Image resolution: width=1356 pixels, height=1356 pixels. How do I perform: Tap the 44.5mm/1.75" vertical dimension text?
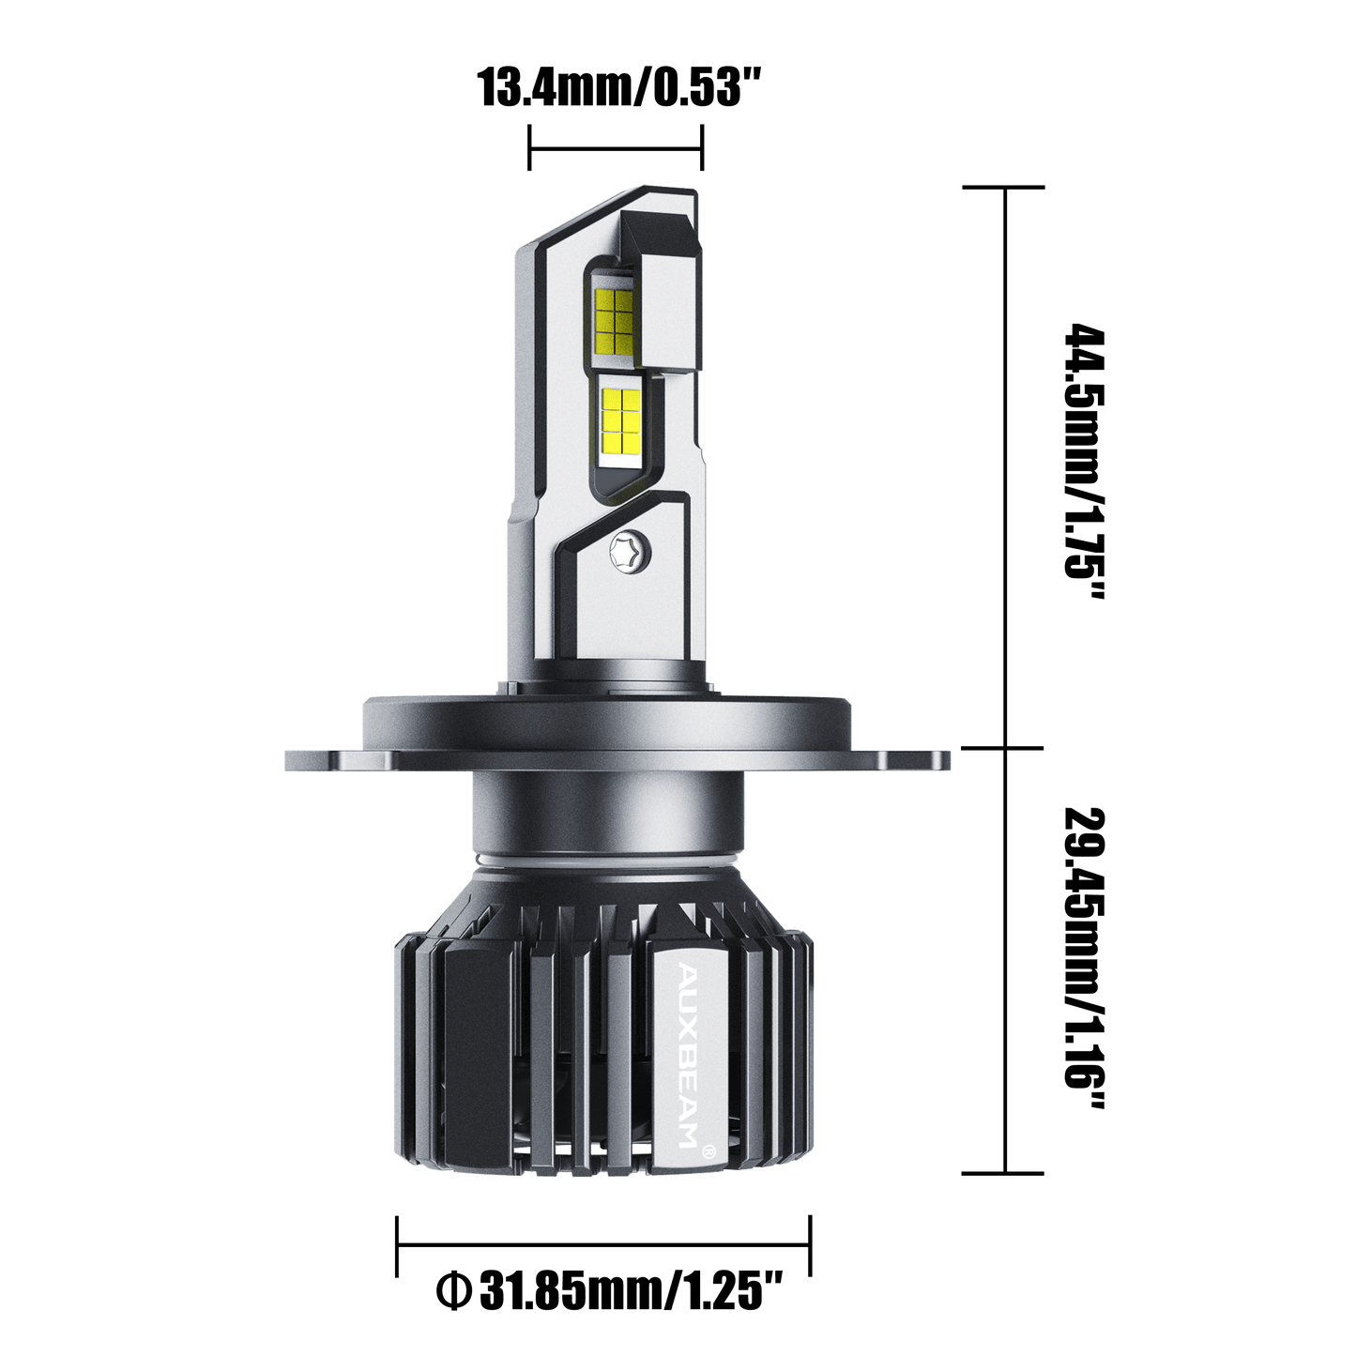pos(1079,465)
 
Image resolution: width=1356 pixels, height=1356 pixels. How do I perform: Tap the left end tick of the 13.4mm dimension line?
pos(531,147)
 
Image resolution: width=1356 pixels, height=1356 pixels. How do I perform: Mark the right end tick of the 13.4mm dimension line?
pos(703,147)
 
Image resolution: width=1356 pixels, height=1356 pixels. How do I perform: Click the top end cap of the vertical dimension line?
pos(1007,187)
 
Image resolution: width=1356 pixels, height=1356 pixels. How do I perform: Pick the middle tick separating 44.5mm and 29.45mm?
pos(1007,748)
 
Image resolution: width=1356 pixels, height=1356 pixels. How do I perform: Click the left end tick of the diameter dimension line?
pos(397,1244)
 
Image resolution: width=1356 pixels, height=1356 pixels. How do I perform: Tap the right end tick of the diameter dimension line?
pos(811,1244)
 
